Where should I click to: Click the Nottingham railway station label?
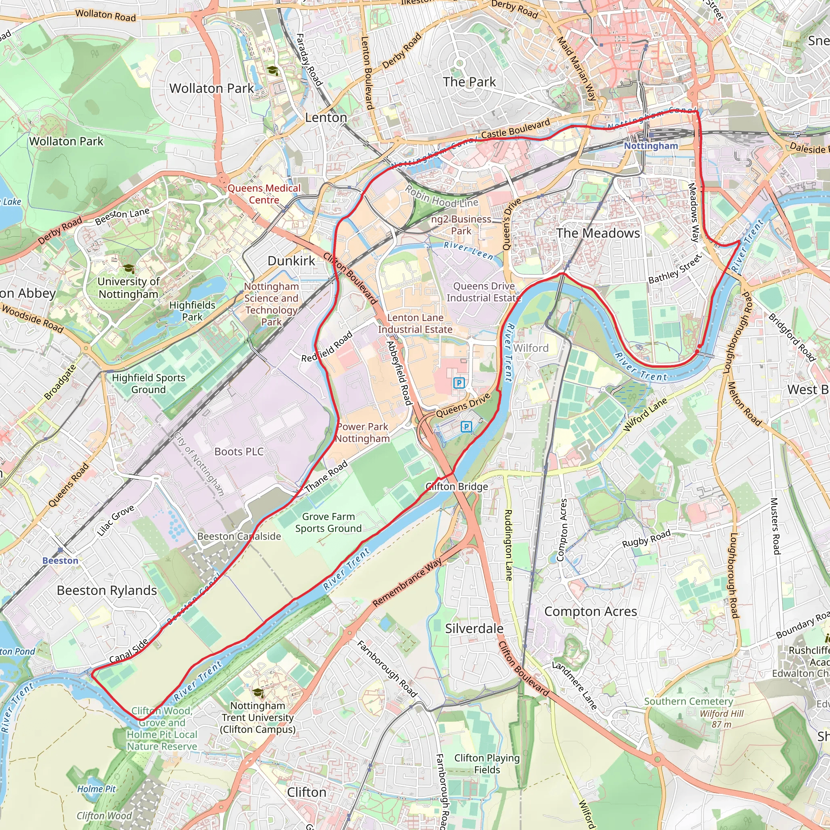(x=651, y=145)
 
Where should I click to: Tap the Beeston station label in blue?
(x=60, y=560)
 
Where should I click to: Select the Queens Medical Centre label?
(x=264, y=194)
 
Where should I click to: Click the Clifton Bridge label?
(x=457, y=486)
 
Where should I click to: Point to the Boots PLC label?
(x=239, y=451)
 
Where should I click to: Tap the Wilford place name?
(x=531, y=348)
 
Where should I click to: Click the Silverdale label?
(x=474, y=628)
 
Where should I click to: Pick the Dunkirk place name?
(x=291, y=260)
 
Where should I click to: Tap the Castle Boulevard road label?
(x=515, y=128)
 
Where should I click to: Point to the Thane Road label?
(x=326, y=477)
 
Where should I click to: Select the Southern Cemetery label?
(x=688, y=701)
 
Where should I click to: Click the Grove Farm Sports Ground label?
(x=328, y=522)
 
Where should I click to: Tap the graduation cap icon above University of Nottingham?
(x=128, y=269)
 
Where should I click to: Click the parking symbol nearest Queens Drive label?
(x=466, y=427)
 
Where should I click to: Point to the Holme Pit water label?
(x=96, y=789)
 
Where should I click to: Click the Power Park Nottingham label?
(x=362, y=432)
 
